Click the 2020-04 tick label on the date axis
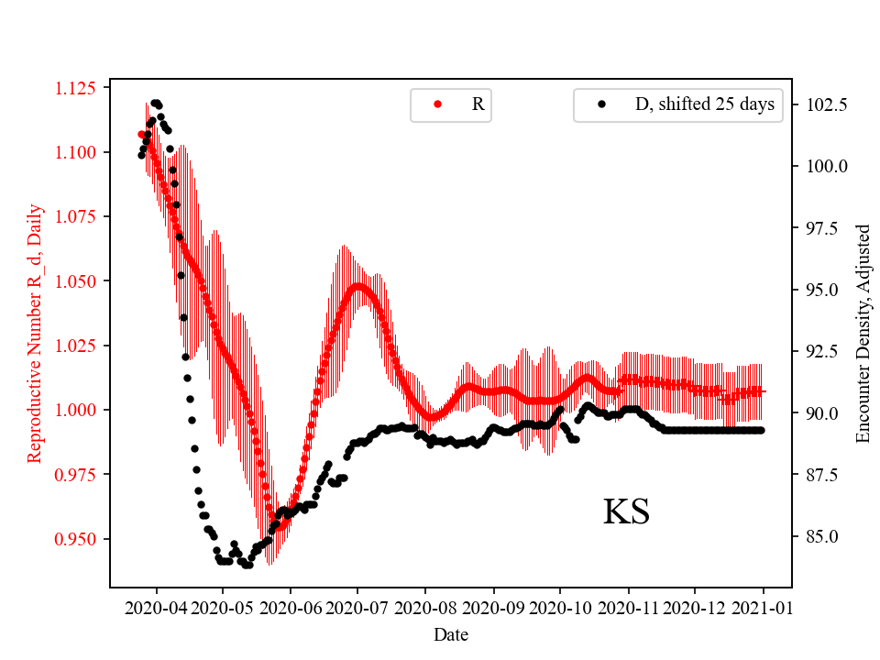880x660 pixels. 156,607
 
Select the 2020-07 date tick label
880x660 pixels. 358,607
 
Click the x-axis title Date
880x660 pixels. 451,633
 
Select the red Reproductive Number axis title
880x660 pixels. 35,333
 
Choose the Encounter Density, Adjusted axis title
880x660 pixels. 863,333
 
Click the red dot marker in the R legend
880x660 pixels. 437,104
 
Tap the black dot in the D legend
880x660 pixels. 601,104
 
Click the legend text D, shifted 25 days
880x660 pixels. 705,104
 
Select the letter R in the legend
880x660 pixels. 478,104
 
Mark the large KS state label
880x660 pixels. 626,512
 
